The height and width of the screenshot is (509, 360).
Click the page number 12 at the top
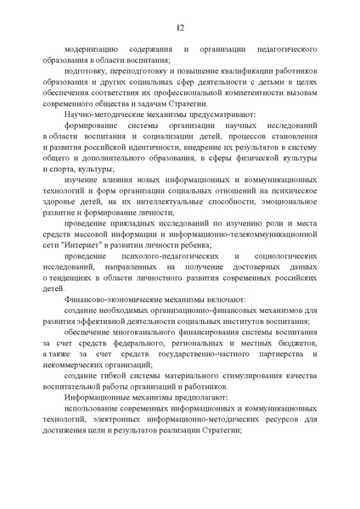click(x=180, y=29)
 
